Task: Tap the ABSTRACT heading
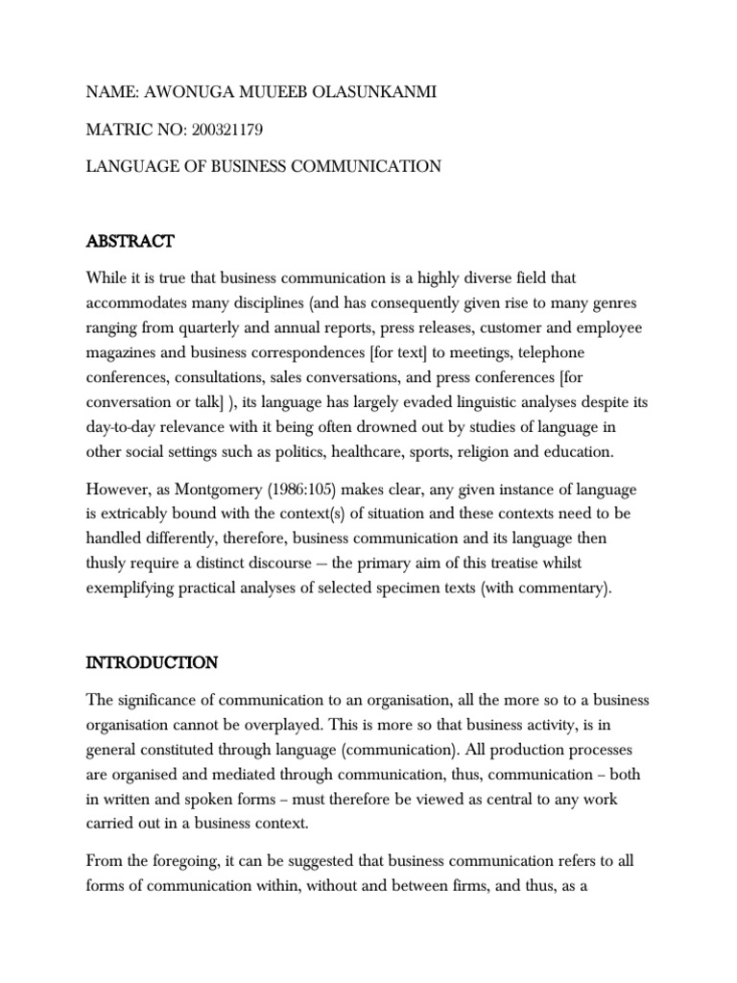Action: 131,240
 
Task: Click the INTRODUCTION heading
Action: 152,662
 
